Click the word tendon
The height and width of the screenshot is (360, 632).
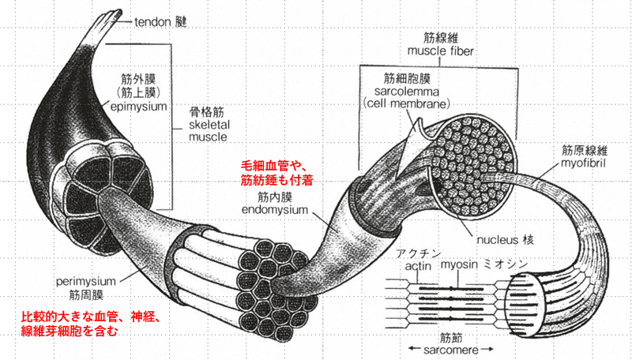pos(153,22)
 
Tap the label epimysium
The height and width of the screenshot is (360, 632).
pos(137,107)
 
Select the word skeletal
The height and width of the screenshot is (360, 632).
pos(209,125)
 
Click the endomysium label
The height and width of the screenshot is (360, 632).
pos(275,210)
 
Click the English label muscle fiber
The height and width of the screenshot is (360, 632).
pos(440,51)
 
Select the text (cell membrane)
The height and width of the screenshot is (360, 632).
pos(406,104)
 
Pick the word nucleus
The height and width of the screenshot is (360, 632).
pos(497,241)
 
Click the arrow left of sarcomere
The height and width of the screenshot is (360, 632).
pos(415,349)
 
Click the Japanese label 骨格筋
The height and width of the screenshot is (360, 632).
pos(206,112)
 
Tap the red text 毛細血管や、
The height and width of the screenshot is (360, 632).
pos(274,166)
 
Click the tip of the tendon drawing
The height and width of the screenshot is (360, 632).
pos(119,12)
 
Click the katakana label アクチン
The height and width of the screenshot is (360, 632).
pos(419,253)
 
